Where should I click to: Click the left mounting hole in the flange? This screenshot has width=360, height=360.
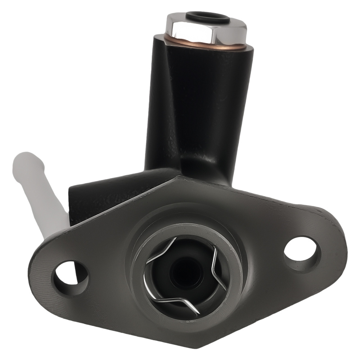tap(69, 278)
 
